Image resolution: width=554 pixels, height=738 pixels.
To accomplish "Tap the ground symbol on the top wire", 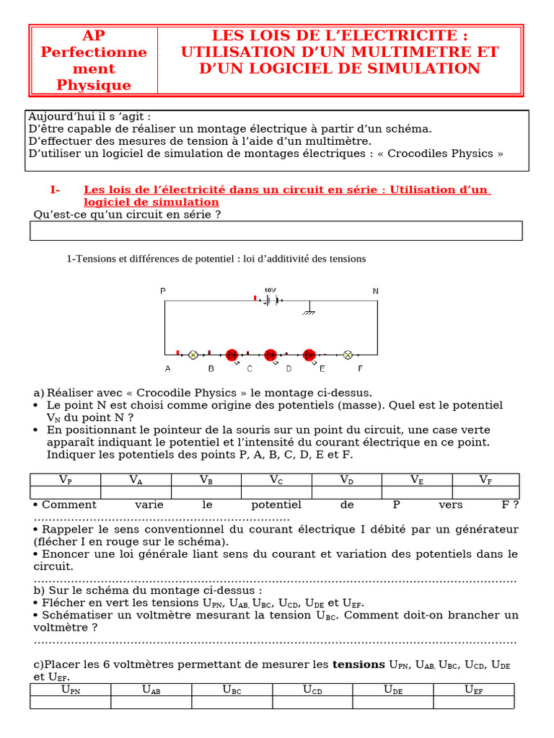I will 310,310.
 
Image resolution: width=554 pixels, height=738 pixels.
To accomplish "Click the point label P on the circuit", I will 163,290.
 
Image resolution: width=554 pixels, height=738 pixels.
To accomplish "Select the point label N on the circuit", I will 375,290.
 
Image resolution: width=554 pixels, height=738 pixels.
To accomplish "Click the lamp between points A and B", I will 193,355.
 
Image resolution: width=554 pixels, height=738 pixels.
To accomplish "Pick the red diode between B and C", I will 232,355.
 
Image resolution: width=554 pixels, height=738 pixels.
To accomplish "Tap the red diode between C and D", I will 271,355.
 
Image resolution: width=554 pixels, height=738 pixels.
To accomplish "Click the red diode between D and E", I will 309,355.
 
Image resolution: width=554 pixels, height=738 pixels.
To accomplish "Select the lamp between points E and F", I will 347,355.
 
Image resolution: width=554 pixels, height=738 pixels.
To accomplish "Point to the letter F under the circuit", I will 361,369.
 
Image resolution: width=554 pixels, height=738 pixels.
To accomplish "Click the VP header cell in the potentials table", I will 65,480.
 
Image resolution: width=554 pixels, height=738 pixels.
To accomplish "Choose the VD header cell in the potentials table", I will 346,480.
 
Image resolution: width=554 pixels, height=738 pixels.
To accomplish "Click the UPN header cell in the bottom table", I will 70,690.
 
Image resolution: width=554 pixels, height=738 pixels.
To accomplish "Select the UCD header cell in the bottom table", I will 312,690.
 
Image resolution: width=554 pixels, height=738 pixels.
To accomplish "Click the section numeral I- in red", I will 56,190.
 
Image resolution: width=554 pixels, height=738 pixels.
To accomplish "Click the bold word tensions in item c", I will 359,664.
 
